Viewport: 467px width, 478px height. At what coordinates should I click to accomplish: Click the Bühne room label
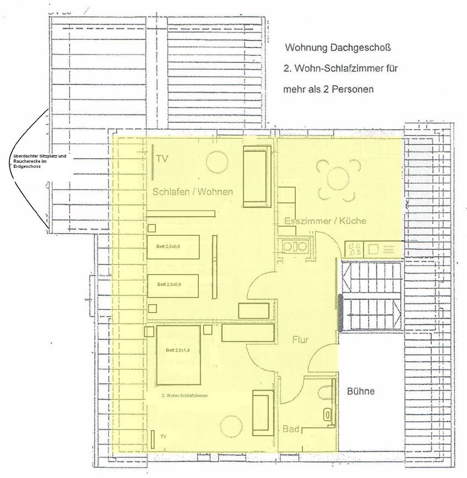click(361, 391)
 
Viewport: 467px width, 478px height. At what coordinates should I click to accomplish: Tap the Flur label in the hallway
click(300, 339)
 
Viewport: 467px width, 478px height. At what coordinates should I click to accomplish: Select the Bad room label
click(291, 429)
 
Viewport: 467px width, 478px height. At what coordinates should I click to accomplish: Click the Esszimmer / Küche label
click(325, 221)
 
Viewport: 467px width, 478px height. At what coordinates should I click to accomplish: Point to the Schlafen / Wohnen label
click(193, 192)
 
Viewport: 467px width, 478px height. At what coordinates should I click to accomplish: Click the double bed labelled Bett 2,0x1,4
click(178, 355)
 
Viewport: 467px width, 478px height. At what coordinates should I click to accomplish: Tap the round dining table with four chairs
click(338, 179)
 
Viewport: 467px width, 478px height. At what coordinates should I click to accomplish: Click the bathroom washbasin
click(328, 415)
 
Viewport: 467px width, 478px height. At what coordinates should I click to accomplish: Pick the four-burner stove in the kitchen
click(354, 249)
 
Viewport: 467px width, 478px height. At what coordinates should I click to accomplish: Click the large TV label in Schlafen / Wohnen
click(162, 159)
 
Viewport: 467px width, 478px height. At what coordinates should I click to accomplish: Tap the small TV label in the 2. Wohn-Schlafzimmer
click(164, 437)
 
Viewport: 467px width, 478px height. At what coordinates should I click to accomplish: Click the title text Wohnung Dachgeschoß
click(338, 47)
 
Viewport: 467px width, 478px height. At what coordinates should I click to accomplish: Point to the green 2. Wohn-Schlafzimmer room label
click(184, 395)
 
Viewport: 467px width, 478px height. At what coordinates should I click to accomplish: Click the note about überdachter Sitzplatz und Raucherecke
click(40, 161)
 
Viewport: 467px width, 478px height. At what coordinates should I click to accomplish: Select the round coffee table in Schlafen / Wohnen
click(217, 162)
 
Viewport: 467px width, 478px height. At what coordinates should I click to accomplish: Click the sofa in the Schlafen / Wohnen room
click(257, 177)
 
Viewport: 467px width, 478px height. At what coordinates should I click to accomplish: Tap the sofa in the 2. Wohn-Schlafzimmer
click(263, 414)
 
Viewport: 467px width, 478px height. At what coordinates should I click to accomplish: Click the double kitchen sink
click(295, 247)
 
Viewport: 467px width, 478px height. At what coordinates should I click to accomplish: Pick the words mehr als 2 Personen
click(328, 89)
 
